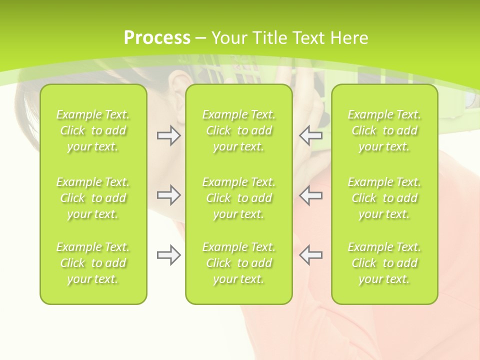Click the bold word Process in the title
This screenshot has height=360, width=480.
point(157,38)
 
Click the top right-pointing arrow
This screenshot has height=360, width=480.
point(168,135)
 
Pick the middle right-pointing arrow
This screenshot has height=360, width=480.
point(168,195)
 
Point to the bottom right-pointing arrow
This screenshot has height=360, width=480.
point(168,255)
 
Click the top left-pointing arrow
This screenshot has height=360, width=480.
point(310,135)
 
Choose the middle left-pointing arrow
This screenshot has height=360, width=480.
point(310,195)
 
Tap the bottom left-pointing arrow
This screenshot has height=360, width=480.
point(310,255)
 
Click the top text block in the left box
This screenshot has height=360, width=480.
point(93,130)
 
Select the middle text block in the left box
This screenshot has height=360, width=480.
point(93,198)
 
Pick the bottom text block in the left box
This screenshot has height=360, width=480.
point(93,263)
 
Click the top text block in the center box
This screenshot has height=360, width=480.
point(239,130)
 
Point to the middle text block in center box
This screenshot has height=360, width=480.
point(239,198)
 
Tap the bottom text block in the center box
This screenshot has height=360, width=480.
point(239,263)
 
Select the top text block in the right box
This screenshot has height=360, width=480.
point(384,130)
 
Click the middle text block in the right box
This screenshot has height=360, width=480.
point(384,198)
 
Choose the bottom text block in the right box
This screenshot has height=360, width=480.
point(384,263)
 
